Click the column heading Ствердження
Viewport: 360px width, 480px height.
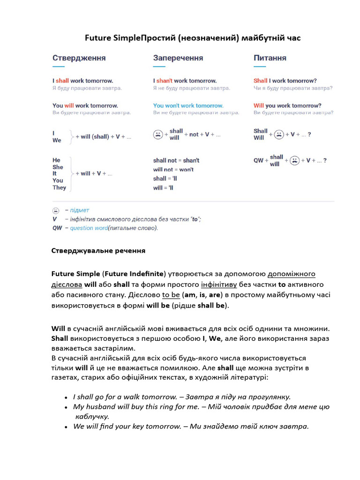click(x=79, y=58)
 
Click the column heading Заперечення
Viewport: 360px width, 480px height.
click(x=178, y=58)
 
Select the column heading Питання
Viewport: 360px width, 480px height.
click(x=270, y=58)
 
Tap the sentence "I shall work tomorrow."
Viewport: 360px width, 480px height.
click(x=82, y=81)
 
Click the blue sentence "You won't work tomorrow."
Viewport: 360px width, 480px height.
click(x=188, y=105)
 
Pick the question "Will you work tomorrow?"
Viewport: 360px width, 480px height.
click(x=287, y=105)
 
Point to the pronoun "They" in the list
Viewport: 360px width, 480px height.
click(x=59, y=187)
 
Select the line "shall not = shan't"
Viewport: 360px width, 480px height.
click(x=176, y=160)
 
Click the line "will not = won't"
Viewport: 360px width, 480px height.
click(x=173, y=169)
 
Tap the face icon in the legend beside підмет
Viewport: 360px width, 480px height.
click(x=56, y=210)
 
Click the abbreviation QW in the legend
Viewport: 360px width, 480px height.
click(x=57, y=228)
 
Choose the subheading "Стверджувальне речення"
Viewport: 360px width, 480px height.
click(x=98, y=251)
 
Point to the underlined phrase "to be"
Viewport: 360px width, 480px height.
click(x=171, y=295)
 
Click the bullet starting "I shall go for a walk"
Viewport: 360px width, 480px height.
click(x=182, y=397)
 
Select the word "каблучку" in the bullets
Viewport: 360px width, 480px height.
click(x=92, y=416)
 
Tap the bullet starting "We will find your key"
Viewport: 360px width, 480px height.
click(x=191, y=427)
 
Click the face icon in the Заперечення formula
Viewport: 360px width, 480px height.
click(x=158, y=135)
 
